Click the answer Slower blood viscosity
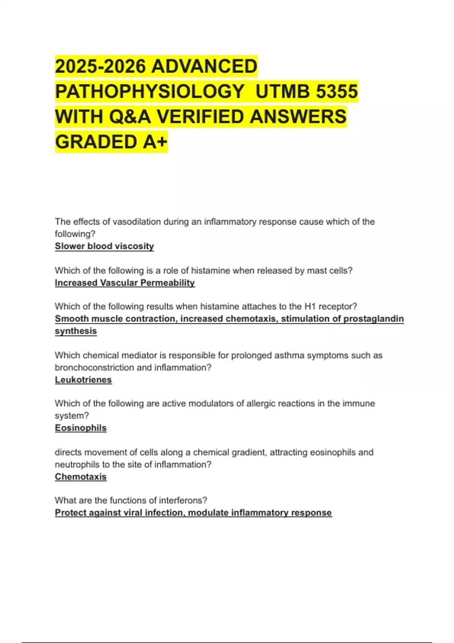click(x=104, y=246)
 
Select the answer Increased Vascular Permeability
click(x=125, y=283)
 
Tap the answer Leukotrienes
click(x=83, y=380)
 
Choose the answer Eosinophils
click(x=81, y=428)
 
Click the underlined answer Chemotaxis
click(x=81, y=477)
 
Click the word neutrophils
click(x=74, y=464)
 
